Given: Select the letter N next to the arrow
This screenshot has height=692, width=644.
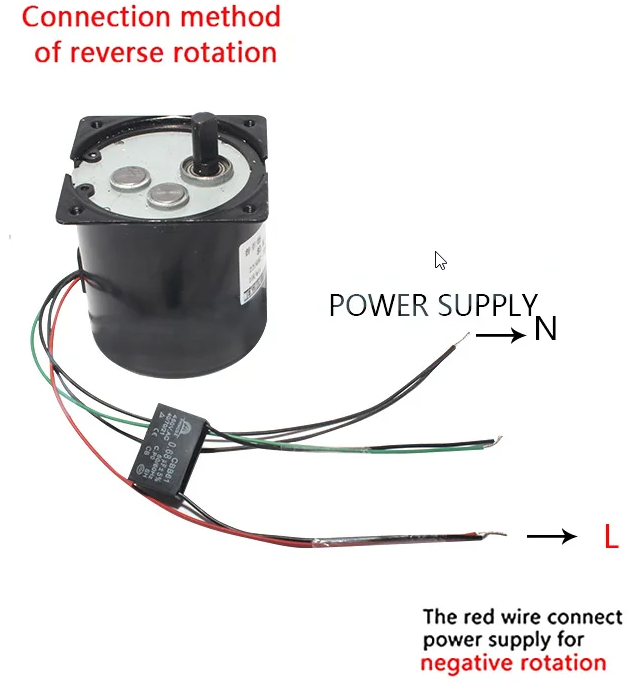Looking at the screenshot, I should click(545, 329).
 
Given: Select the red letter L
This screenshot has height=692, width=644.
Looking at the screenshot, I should click(611, 538).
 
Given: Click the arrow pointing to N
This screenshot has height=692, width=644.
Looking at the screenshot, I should click(499, 336).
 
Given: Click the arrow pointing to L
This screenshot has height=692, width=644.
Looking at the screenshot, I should click(552, 537).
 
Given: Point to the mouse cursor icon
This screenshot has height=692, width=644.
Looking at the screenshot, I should click(440, 260).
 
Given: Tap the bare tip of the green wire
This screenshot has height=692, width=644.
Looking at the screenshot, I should click(491, 441).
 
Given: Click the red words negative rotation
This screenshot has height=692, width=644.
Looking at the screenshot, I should click(513, 663).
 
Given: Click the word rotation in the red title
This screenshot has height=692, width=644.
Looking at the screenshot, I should click(226, 52).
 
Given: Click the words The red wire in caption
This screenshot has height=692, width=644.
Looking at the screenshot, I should click(470, 617).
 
